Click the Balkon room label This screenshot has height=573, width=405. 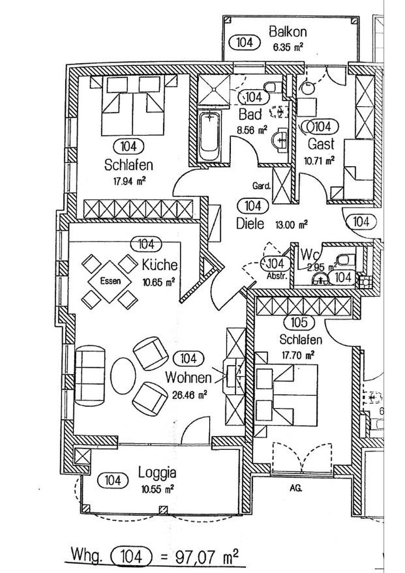[x=288, y=32]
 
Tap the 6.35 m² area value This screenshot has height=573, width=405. [x=288, y=47]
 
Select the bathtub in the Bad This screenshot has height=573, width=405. [x=210, y=136]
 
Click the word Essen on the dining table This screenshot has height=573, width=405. [x=110, y=281]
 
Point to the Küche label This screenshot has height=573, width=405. [x=160, y=265]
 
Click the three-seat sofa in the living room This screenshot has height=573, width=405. [x=90, y=375]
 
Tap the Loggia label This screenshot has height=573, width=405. [x=157, y=473]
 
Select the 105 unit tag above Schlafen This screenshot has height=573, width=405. [x=299, y=323]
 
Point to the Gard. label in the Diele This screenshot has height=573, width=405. [x=262, y=186]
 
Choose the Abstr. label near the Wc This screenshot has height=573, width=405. [x=276, y=276]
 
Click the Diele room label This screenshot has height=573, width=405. [x=250, y=223]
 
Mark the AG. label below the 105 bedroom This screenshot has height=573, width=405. [x=296, y=488]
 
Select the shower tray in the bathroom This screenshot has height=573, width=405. [x=214, y=90]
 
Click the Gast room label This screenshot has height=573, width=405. [x=321, y=144]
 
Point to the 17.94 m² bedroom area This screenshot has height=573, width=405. [x=130, y=181]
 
